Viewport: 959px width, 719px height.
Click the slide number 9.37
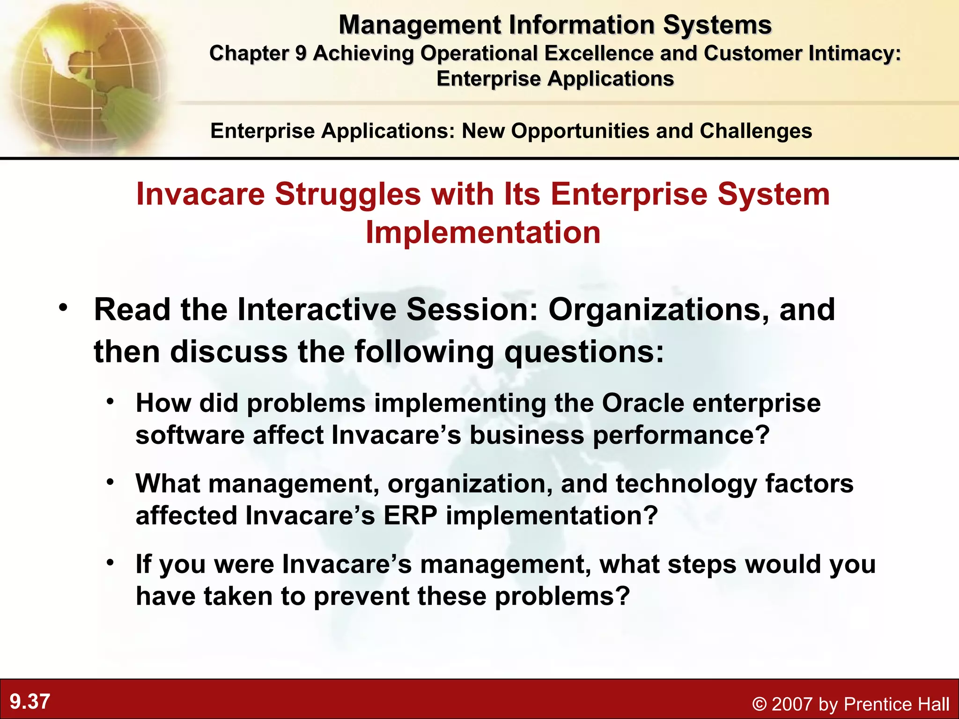(30, 702)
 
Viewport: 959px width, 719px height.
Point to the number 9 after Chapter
(300, 53)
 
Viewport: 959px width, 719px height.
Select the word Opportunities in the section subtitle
(580, 131)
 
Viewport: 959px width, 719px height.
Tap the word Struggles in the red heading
(348, 194)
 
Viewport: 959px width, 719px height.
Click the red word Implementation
(483, 233)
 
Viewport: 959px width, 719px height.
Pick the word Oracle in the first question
(643, 403)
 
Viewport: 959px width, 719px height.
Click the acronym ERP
(410, 516)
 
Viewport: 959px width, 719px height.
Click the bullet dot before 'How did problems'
(110, 402)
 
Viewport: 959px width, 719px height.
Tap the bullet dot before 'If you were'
(110, 563)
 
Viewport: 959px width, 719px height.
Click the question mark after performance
(763, 435)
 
